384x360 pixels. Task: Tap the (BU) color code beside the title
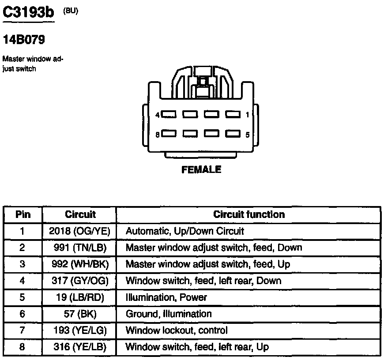(x=71, y=11)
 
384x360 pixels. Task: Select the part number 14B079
(x=24, y=40)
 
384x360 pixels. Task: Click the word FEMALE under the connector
(x=201, y=169)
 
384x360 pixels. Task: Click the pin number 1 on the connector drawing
(x=247, y=115)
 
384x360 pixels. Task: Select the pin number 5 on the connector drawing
(x=247, y=134)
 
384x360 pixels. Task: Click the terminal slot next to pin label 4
(x=169, y=114)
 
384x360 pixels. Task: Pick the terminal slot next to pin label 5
(x=233, y=133)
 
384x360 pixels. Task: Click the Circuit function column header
(x=249, y=215)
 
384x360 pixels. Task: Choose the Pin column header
(x=23, y=215)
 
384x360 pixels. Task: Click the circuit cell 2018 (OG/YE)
(x=80, y=231)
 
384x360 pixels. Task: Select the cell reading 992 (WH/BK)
(x=80, y=264)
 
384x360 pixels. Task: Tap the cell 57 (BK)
(x=80, y=314)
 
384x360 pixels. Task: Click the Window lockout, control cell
(x=177, y=330)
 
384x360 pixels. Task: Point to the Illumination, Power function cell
(x=166, y=297)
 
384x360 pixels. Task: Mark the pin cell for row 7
(x=23, y=330)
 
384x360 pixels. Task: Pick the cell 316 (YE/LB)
(x=80, y=347)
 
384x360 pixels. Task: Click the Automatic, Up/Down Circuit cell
(x=184, y=231)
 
